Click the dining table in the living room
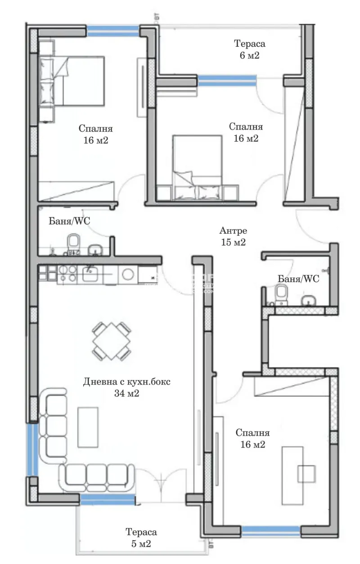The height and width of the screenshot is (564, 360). click(x=112, y=341)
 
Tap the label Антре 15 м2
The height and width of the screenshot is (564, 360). click(x=233, y=237)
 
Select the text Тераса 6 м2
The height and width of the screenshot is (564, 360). click(x=249, y=49)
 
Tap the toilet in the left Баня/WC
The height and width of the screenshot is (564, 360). click(x=73, y=242)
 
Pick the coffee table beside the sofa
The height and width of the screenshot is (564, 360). click(x=88, y=425)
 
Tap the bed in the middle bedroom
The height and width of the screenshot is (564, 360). click(x=198, y=166)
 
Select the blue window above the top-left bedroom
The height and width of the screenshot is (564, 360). click(x=113, y=31)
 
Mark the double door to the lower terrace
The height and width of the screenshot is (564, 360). click(x=160, y=483)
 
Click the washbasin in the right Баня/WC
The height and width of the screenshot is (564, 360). click(x=309, y=300)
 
